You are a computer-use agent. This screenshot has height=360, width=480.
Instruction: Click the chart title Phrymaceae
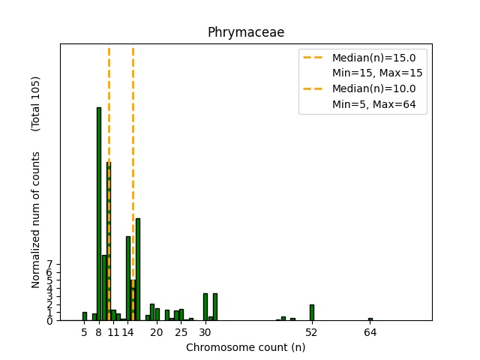point(245,32)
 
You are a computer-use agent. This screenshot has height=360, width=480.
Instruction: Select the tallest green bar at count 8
point(99,214)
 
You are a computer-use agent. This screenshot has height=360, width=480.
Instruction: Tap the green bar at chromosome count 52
point(312,312)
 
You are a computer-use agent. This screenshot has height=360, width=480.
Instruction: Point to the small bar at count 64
point(370,319)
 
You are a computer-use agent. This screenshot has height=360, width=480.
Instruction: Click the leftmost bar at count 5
point(85,316)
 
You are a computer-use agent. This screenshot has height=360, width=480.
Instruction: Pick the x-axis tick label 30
point(205,331)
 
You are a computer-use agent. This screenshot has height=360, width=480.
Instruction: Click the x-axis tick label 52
point(312,331)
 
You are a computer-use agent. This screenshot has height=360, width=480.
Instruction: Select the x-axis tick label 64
point(370,331)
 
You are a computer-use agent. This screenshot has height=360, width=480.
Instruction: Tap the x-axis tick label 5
point(85,331)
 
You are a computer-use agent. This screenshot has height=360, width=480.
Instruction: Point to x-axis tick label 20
point(157,331)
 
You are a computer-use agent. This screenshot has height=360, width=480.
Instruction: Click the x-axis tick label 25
point(181,331)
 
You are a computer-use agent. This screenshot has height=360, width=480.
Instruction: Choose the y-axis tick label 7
point(49,265)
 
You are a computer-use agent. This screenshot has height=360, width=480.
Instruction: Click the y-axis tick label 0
point(49,321)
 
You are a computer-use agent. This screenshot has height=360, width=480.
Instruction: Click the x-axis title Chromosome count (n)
point(245,347)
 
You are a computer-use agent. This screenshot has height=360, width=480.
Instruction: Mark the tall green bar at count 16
point(138,269)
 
